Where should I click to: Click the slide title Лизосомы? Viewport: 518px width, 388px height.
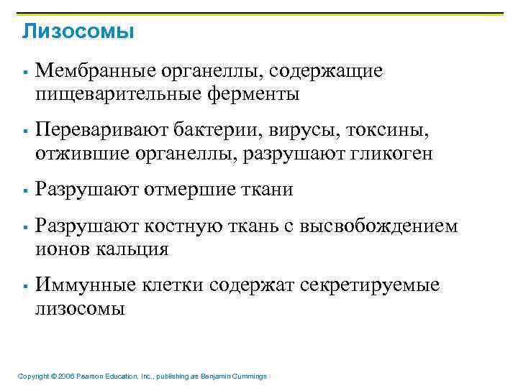[x=78, y=32]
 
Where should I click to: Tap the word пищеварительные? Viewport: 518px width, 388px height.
[x=117, y=93]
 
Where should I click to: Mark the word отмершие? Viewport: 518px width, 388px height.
[x=189, y=190]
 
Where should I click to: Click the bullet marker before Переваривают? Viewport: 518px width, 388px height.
[x=25, y=131]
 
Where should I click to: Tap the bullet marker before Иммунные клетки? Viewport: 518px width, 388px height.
[x=25, y=286]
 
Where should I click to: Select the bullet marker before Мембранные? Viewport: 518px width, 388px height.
[x=25, y=72]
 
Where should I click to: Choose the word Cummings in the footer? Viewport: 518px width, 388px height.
[x=249, y=377]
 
